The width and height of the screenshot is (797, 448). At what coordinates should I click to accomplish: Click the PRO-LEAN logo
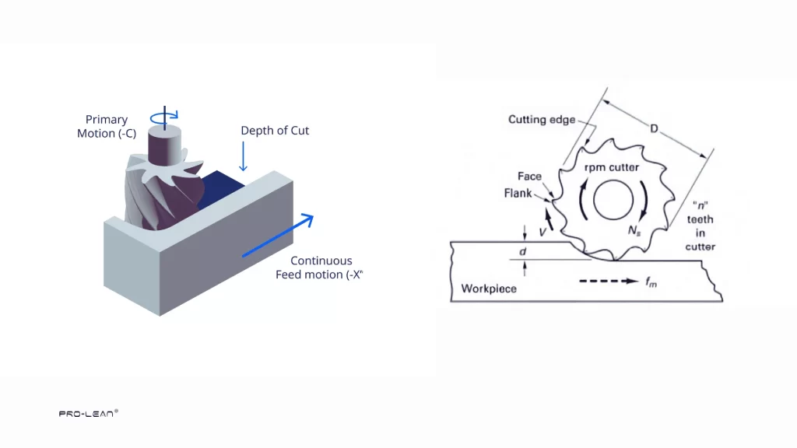(x=88, y=414)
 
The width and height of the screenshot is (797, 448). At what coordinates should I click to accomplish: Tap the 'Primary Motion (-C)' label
(x=107, y=126)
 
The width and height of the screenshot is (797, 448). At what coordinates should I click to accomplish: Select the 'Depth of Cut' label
(x=274, y=131)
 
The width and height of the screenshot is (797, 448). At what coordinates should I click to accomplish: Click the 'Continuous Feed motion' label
(x=320, y=268)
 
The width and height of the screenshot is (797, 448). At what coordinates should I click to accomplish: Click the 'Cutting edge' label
(x=542, y=119)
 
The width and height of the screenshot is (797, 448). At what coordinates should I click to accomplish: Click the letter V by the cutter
(x=542, y=231)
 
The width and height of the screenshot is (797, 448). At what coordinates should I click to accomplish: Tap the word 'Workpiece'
(x=489, y=289)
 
